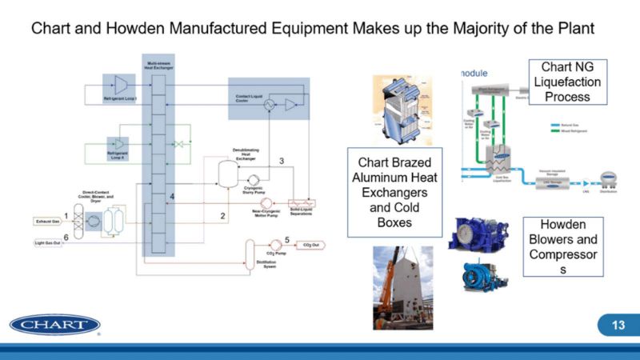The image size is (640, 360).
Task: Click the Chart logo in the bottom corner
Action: click(55, 326)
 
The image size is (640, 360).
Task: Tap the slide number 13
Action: click(618, 326)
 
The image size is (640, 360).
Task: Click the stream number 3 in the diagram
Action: click(281, 161)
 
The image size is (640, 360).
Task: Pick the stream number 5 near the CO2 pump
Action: click(286, 239)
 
